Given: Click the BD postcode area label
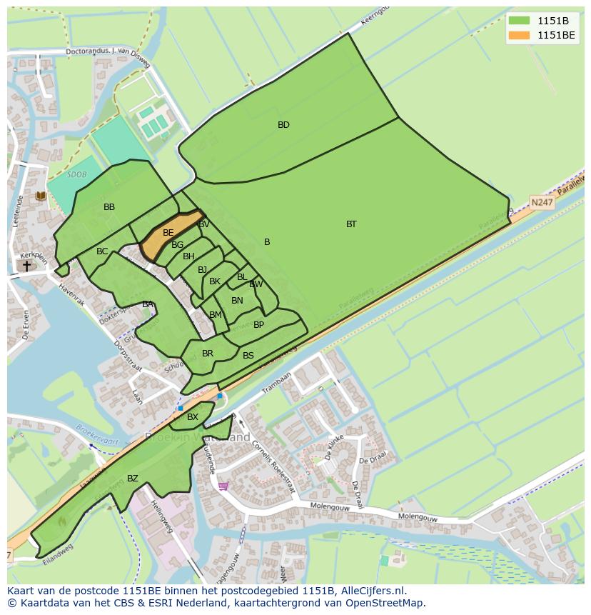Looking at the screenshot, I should (x=283, y=125).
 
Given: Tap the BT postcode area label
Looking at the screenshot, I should (x=351, y=224).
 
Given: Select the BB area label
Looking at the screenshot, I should (x=109, y=207).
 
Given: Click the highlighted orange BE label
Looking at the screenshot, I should (x=168, y=233).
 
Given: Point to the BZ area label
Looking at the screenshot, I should (x=133, y=479).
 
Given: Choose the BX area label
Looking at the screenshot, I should (x=193, y=417).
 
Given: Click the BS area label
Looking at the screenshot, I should (x=248, y=356).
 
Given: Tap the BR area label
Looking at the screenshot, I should (x=208, y=354).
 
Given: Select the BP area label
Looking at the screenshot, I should (x=258, y=325).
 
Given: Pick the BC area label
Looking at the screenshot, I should (x=102, y=251).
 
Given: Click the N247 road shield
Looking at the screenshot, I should (x=542, y=202).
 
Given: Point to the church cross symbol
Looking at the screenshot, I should (x=27, y=266).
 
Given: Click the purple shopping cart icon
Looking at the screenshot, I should (x=223, y=486).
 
